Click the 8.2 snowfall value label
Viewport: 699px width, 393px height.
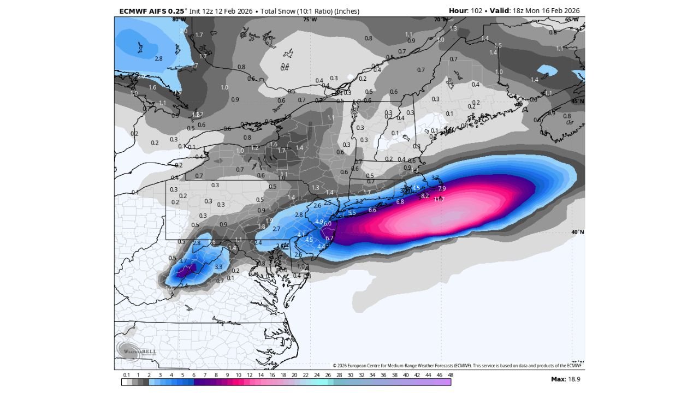tap(425, 195)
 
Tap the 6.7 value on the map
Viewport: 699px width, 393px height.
tap(329, 238)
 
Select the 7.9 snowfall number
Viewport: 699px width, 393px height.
tap(442, 188)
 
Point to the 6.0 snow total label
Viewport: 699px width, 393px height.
tap(327, 223)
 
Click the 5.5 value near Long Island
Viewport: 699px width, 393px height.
tap(352, 213)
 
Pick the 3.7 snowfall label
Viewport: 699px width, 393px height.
tap(183, 261)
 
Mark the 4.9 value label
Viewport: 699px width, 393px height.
tap(319, 222)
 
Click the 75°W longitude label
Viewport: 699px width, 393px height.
tap(310, 20)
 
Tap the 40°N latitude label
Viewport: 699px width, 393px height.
tap(577, 232)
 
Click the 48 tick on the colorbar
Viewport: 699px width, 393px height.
tap(450, 375)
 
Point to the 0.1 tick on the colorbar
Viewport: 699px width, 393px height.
tap(126, 375)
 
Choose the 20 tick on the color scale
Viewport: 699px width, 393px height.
tap(294, 375)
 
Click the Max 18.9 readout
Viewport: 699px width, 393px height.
tap(565, 379)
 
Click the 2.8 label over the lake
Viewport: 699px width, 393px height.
tap(158, 58)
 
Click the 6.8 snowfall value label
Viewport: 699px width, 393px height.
tap(400, 201)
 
